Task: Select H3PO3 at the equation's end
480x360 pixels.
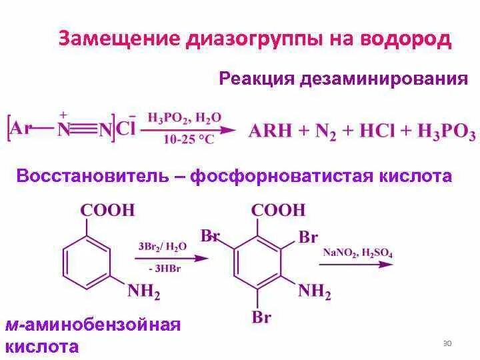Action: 446,131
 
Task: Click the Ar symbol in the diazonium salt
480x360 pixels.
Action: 21,128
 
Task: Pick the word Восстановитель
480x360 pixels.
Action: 91,177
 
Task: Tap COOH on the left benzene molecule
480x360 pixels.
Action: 107,211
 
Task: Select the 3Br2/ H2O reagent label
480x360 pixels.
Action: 163,246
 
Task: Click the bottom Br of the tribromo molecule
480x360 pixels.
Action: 261,317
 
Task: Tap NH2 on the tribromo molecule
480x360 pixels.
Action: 314,291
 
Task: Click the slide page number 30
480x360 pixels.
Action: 447,343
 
